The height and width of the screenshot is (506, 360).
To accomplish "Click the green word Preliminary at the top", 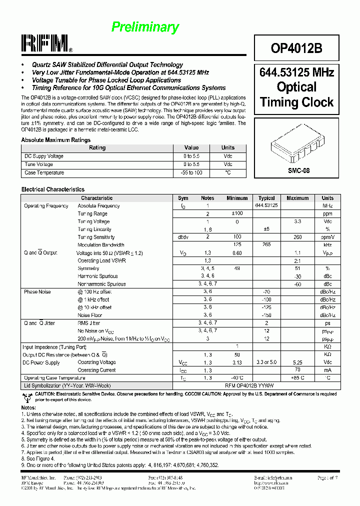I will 145,27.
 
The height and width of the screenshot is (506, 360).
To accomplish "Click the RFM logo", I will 45,44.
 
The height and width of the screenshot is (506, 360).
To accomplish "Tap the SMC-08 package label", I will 298,170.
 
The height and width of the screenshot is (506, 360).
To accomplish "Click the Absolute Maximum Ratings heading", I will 55,140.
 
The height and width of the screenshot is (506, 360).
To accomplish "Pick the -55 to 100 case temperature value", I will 191,173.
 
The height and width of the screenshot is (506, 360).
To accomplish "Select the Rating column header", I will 97,148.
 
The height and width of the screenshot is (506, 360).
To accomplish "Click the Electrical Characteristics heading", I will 52,189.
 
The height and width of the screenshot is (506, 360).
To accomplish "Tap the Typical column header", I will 266,198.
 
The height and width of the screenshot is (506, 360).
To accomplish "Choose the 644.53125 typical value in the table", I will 266,205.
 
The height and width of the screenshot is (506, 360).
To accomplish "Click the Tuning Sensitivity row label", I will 96,237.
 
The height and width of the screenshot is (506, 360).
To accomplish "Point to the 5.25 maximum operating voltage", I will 297,362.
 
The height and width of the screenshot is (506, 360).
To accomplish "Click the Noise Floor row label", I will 90,315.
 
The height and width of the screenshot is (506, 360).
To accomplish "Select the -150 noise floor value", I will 266,315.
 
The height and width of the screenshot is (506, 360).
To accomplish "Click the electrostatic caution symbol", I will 26,397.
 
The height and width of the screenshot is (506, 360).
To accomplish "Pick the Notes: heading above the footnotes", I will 29,408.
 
